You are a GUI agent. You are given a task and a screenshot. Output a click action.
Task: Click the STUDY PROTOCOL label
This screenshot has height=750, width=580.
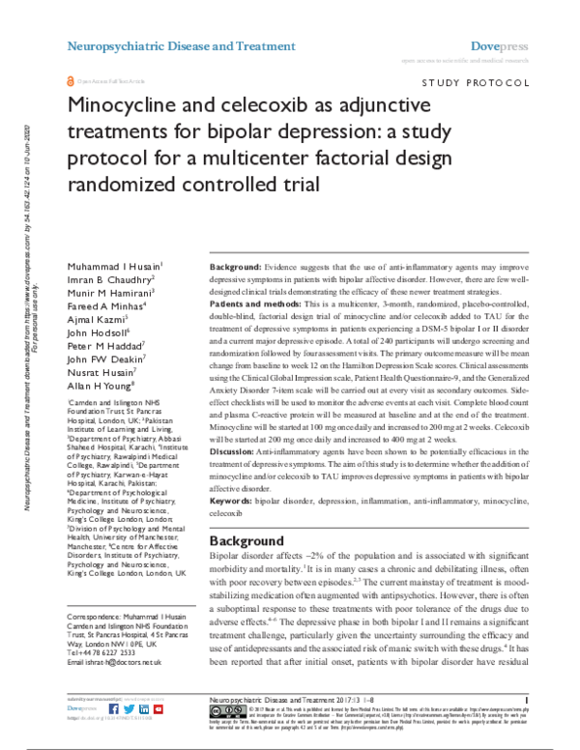click(x=473, y=84)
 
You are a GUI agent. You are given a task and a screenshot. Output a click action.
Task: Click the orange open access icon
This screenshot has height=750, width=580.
click(x=68, y=84)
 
